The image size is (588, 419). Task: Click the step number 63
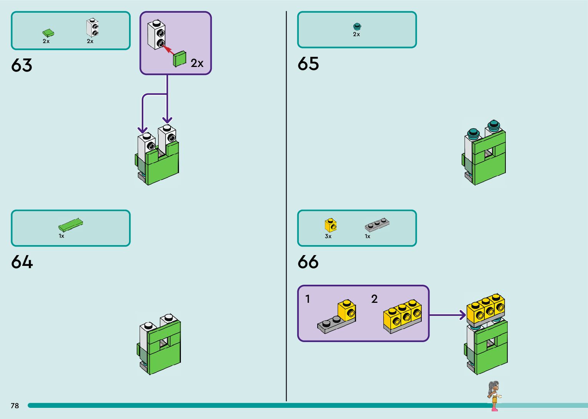[22, 65]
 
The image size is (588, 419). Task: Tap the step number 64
[22, 262]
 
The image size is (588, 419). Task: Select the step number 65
[308, 64]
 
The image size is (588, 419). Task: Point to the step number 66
[308, 262]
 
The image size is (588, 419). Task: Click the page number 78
[15, 406]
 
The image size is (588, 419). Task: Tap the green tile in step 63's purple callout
[179, 59]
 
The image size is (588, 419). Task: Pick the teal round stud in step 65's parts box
[357, 27]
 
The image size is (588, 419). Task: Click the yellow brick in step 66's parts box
[330, 225]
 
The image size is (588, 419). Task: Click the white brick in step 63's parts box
[92, 28]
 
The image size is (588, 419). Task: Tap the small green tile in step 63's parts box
[48, 33]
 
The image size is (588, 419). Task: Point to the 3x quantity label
[328, 236]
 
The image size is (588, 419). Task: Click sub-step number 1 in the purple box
[308, 299]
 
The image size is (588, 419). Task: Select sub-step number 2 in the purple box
[374, 299]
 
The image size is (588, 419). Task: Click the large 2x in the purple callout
[197, 63]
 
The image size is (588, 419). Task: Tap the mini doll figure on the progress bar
[494, 395]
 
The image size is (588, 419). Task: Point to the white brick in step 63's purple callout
[157, 34]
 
